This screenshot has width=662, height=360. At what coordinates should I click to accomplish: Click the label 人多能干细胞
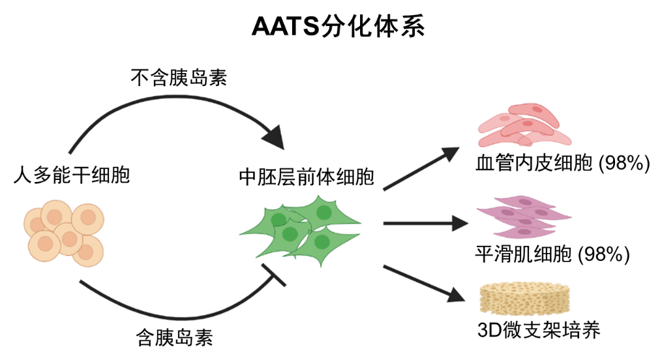pos(72,175)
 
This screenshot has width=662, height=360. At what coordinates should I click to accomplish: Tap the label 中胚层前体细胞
pos(307,177)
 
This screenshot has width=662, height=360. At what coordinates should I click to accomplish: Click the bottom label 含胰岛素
pos(174,337)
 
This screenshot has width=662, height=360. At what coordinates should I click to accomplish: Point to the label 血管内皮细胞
pos(534,163)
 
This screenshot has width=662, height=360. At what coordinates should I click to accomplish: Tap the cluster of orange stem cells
pos(63,232)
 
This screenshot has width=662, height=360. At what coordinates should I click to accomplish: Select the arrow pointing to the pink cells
pos(421,168)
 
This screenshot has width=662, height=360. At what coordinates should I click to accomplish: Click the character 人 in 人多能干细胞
pos(22,175)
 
